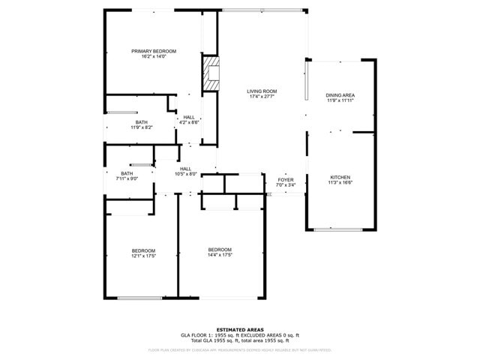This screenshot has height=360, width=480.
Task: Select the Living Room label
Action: pyautogui.click(x=262, y=91)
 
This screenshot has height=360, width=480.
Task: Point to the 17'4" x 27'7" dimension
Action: pyautogui.click(x=262, y=97)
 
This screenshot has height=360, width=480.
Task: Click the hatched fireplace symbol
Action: pyautogui.click(x=211, y=73)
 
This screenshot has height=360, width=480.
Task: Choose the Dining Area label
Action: pyautogui.click(x=340, y=95)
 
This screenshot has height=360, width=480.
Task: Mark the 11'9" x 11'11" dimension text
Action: pyautogui.click(x=340, y=100)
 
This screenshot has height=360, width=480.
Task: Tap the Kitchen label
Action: pyautogui.click(x=340, y=177)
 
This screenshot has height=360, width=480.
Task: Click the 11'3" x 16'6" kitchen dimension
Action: pyautogui.click(x=340, y=182)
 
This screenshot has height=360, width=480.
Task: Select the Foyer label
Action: pyautogui.click(x=286, y=180)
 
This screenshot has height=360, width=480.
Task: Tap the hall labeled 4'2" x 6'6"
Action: pyautogui.click(x=189, y=118)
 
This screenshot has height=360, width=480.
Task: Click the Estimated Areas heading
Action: pyautogui.click(x=239, y=330)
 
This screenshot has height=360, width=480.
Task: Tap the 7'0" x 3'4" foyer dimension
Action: pyautogui.click(x=286, y=185)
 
